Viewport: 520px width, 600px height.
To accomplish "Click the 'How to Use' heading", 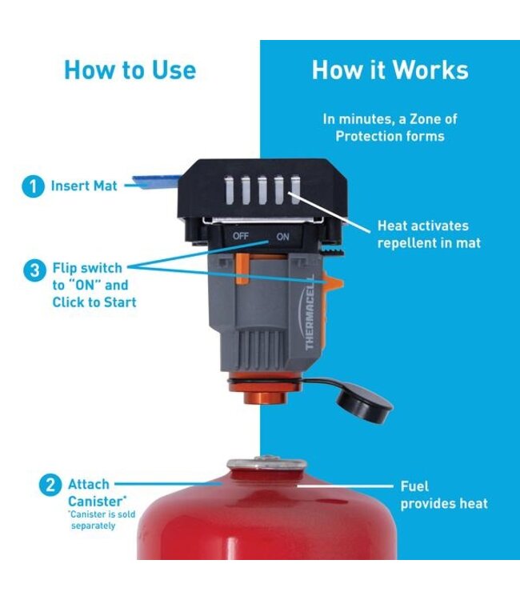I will pos(130,70).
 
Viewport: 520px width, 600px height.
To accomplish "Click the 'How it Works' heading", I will pos(390,70).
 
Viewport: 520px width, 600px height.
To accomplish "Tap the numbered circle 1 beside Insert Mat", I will pos(32,186).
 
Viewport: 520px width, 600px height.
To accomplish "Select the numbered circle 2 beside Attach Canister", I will pos(49,485).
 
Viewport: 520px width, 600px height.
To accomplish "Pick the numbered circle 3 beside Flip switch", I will pos(34,270).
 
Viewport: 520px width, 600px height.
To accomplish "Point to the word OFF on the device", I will pos(242,237).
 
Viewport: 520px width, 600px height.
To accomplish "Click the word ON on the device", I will pos(282,237).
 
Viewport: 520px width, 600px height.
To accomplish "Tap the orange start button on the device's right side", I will pos(331,282).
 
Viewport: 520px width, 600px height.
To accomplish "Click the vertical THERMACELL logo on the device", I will pos(310,309).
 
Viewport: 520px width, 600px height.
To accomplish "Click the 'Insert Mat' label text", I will pos(84,186).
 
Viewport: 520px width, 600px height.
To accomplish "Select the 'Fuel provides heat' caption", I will pos(443,494).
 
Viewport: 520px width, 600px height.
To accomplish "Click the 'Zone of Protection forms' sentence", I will pos(389,127).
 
